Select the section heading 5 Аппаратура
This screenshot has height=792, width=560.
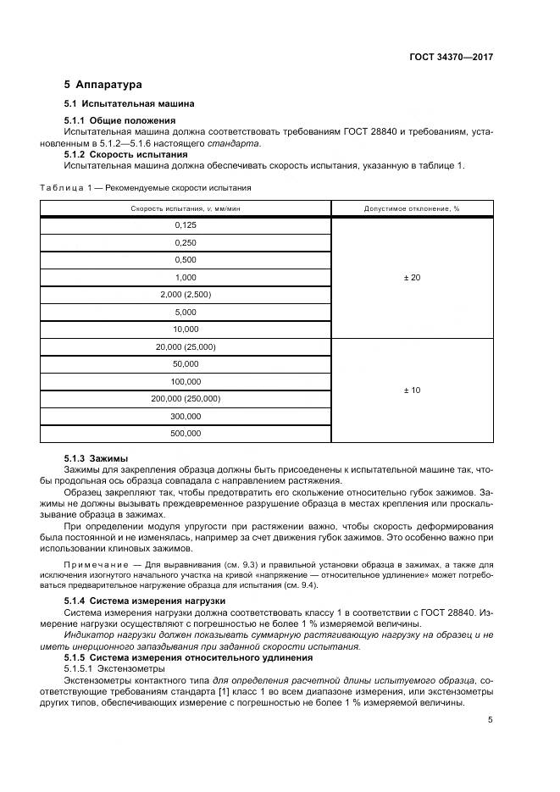(103, 85)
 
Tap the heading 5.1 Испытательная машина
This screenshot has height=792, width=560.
(129, 104)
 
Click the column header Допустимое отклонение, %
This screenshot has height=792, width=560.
(411, 208)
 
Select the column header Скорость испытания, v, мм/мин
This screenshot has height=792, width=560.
(186, 208)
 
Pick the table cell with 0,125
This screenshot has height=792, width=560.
(186, 225)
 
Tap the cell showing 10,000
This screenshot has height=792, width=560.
(186, 329)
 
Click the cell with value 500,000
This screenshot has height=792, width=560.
(186, 433)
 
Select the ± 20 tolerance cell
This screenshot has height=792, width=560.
(411, 277)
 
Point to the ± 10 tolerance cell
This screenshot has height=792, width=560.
(411, 390)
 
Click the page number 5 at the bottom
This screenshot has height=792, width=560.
(490, 720)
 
